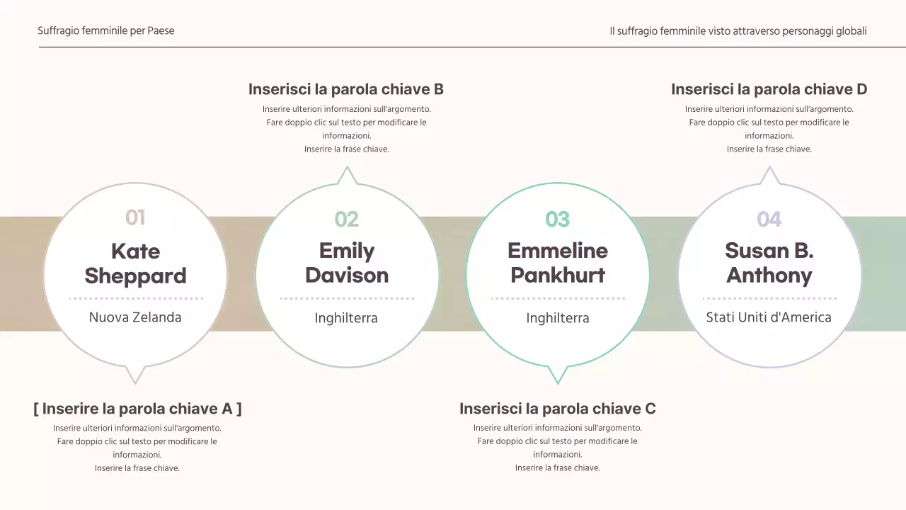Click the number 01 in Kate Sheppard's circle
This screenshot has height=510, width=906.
pos(135,217)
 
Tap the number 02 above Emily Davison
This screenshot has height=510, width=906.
pos(347,220)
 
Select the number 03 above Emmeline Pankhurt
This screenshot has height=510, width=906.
pos(557,220)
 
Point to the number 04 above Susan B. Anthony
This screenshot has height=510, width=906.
pos(769,220)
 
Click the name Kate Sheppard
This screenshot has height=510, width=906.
pos(135,263)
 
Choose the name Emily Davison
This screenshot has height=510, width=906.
pos(347,263)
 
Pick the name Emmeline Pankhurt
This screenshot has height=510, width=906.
pos(558,263)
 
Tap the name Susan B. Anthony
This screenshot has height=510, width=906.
pos(769,263)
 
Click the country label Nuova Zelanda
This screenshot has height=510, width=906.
pos(135,317)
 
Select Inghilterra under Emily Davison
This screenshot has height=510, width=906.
pos(346,318)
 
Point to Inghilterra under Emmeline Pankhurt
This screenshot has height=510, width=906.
pos(558,318)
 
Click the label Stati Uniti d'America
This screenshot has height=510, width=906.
pos(769,317)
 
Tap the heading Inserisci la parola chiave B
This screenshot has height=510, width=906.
pos(346,89)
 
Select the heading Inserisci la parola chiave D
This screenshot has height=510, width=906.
pos(769,89)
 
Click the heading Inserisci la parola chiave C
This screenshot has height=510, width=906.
pos(557,409)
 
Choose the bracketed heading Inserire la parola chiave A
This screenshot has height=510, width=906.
pos(137,409)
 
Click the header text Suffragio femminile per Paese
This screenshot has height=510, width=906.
pos(106,30)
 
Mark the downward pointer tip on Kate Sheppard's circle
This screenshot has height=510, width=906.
pos(135,384)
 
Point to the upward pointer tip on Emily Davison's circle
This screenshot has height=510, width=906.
pos(347,166)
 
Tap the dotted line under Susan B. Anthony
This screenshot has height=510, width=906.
pos(769,299)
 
